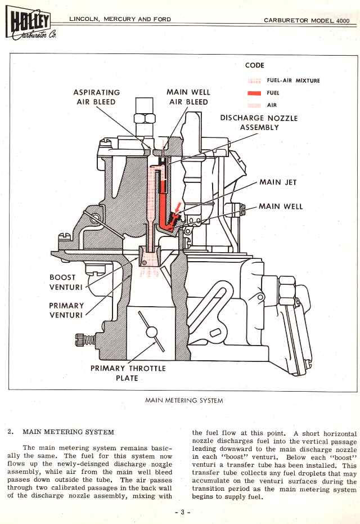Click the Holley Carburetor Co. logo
pos(29,25)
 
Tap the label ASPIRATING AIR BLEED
pos(96,97)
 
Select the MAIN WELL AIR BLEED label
pos(188,97)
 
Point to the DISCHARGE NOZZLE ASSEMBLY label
pos(258,123)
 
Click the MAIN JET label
pos(278,182)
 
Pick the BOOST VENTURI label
pos(66,282)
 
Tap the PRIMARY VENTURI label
pos(66,310)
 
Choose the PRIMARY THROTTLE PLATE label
pos(128,373)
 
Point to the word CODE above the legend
pos(255,65)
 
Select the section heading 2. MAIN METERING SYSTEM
pos(61,432)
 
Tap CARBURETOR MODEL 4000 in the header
pos(307,20)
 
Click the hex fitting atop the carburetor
pos(145,119)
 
